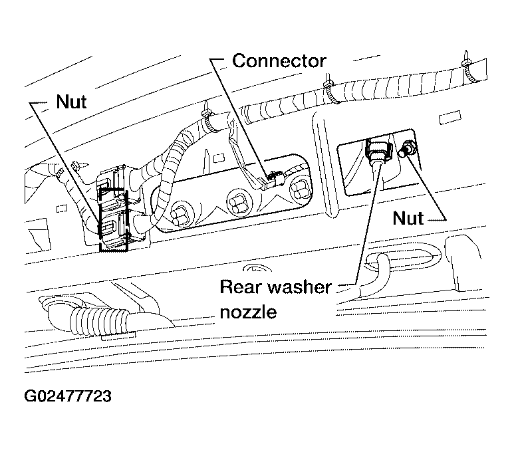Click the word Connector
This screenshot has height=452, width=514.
click(279, 61)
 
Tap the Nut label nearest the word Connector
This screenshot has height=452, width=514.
click(71, 102)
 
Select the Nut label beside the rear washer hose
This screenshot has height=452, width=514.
click(408, 218)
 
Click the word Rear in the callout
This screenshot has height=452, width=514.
click(240, 287)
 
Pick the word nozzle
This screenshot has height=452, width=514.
click(248, 312)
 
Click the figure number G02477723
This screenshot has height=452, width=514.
click(68, 396)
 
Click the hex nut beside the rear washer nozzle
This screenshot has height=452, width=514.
click(407, 149)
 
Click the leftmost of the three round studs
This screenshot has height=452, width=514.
click(181, 216)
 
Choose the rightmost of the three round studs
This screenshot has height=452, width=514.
click(300, 189)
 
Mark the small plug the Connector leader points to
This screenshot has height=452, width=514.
click(275, 179)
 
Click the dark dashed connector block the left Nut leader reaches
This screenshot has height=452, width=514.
click(114, 219)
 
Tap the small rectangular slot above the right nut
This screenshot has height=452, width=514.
click(450, 118)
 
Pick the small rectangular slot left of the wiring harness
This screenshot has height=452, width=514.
click(62, 209)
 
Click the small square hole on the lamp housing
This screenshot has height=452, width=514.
click(217, 159)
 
